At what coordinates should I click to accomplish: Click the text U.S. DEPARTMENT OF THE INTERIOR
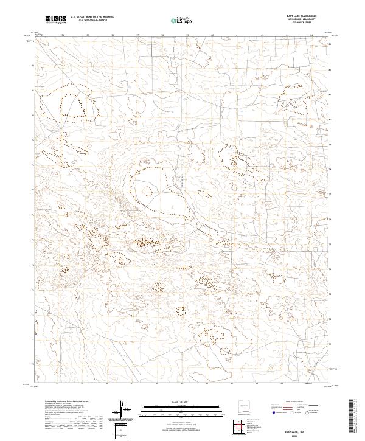click(x=92, y=17)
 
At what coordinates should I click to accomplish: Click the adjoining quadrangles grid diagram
click(x=242, y=427)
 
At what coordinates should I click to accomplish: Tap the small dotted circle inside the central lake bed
click(x=147, y=190)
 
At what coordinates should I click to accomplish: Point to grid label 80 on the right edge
click(x=330, y=120)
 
